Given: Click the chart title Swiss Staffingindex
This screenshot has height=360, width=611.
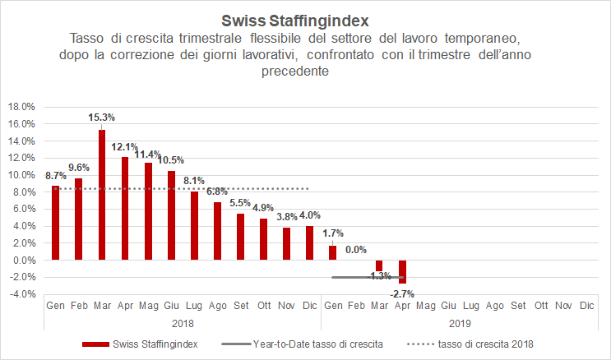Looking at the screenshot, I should point(305,19).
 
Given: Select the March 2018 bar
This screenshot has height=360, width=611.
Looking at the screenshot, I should point(102,195).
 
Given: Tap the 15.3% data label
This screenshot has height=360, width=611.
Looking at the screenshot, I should point(101,118).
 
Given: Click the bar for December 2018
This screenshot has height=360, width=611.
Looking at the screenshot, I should point(309,243).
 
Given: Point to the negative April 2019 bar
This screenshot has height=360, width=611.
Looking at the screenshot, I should point(403,272).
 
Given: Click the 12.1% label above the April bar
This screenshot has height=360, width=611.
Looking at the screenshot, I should point(125,146).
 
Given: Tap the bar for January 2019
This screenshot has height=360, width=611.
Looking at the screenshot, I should point(332,253).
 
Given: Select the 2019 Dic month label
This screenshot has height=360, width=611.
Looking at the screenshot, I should point(586,305).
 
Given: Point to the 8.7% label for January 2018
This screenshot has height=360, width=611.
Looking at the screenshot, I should point(56,176).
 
